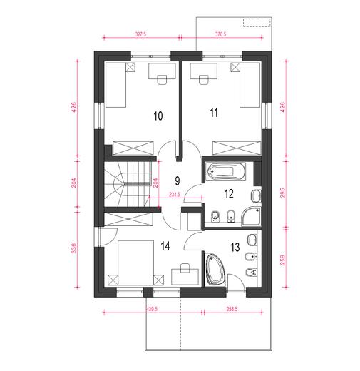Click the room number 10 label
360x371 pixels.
(158, 116)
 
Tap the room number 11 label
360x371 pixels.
(214, 113)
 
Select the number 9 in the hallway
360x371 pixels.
(178, 181)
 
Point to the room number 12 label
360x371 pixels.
(229, 194)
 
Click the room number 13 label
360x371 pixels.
(235, 247)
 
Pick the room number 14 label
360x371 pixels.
(165, 245)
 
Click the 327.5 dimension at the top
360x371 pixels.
(140, 34)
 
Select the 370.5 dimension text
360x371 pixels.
(220, 34)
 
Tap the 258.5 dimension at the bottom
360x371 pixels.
(232, 309)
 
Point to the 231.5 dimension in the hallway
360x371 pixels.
(175, 194)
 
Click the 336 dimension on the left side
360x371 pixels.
(74, 248)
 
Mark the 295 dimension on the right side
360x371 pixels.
(282, 193)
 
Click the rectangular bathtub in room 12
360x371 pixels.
(226, 171)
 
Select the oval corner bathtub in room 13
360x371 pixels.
(215, 269)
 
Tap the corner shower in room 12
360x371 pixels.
(251, 216)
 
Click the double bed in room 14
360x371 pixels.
(135, 263)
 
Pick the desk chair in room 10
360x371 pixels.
(163, 80)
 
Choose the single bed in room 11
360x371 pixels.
(250, 85)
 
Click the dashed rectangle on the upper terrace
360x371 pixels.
(257, 23)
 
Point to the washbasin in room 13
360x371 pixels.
(252, 240)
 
